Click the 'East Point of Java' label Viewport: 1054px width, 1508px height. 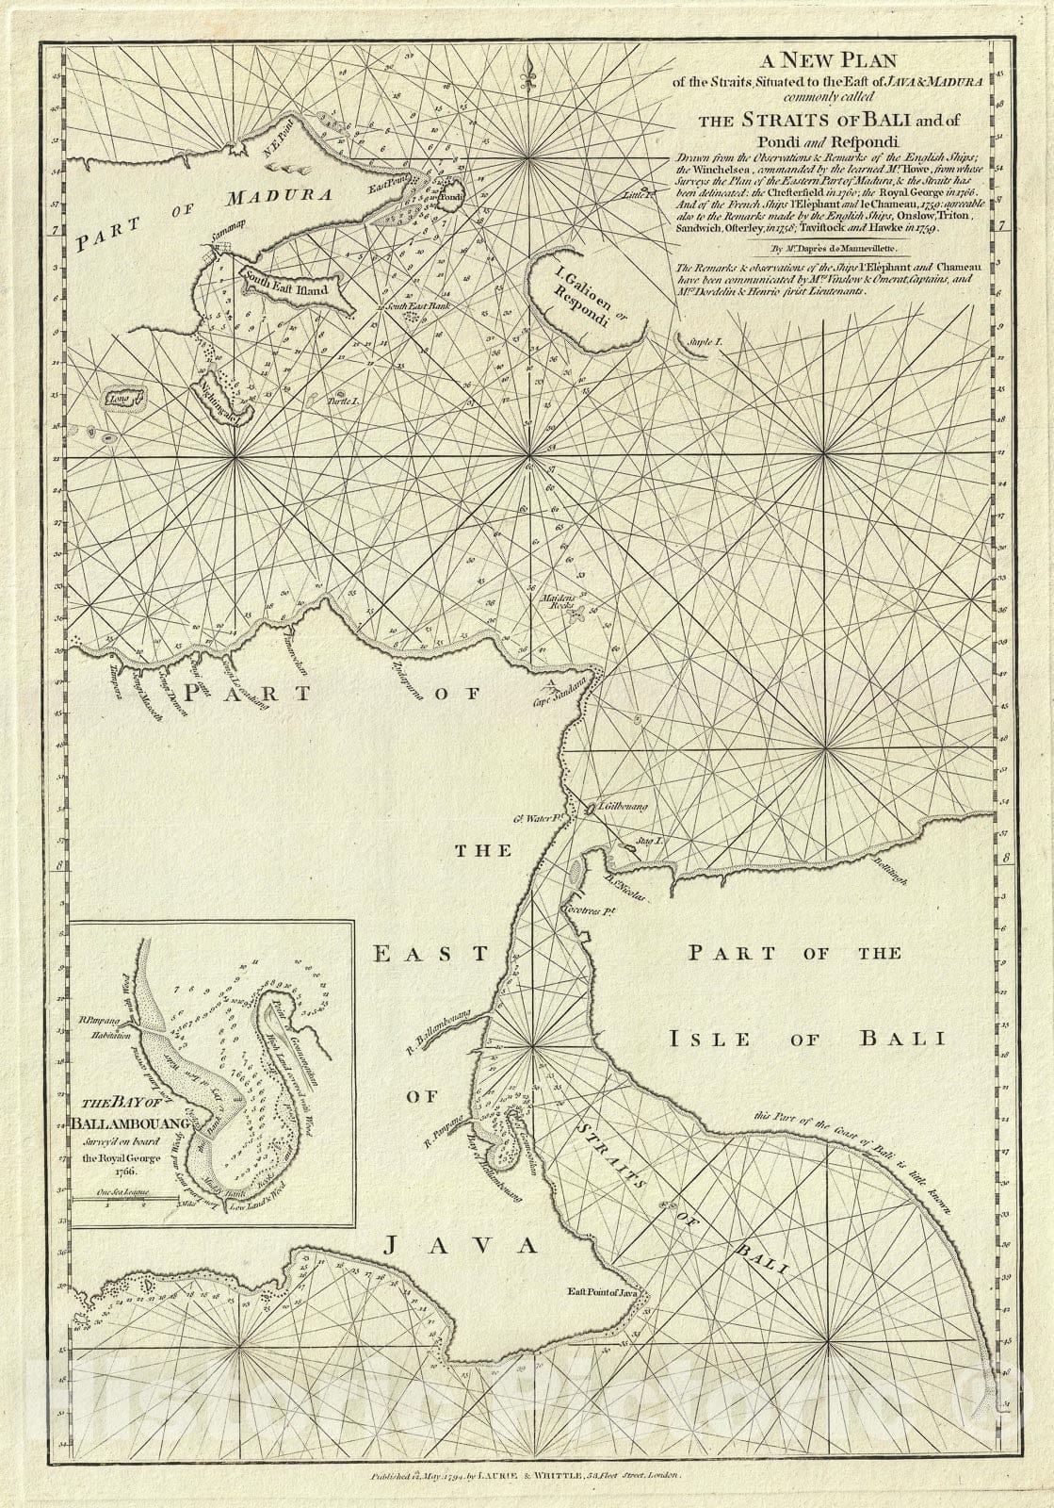coord(603,1292)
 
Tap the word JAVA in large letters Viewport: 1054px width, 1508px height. coord(461,1246)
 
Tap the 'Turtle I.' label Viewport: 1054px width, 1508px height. coord(344,402)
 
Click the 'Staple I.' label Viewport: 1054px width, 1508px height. coord(703,338)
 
